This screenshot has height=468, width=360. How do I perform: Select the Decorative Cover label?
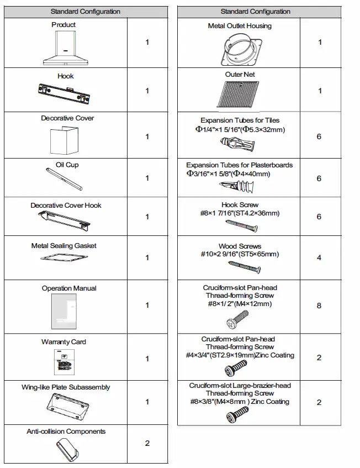pos(67,118)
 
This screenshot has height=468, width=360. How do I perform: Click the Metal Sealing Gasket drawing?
pos(66,258)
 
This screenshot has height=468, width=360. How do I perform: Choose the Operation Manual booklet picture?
pos(65,312)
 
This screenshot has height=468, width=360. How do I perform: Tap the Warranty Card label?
pos(63,342)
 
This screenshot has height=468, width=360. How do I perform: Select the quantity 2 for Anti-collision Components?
pos(147,443)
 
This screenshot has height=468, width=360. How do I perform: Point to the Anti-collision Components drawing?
pos(66,449)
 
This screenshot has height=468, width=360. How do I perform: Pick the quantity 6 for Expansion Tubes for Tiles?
pos(319,136)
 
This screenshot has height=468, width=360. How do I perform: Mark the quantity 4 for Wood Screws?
pos(319,257)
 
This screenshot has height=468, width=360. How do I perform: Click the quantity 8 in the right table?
pos(319,306)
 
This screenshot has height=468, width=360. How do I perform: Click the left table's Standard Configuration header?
pos(85,12)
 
